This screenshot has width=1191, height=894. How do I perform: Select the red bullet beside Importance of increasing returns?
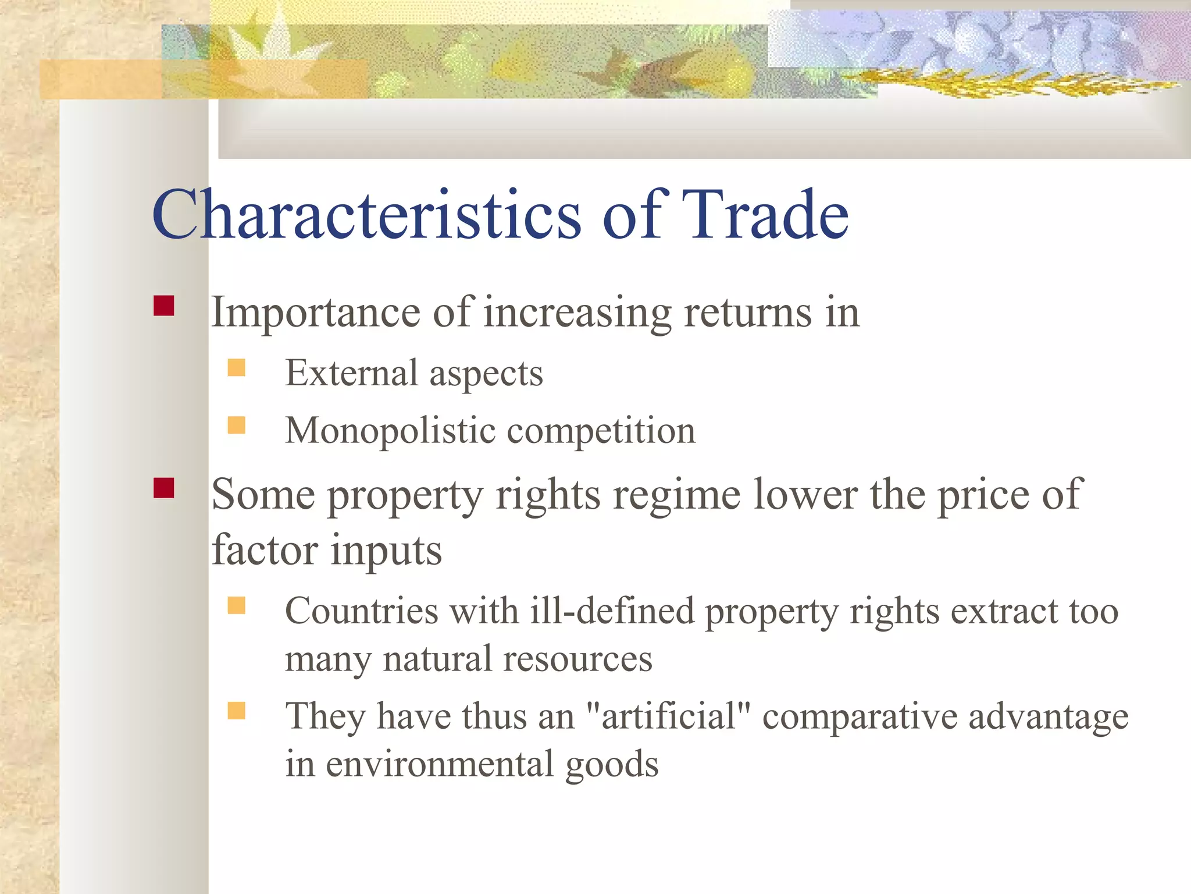click(164, 306)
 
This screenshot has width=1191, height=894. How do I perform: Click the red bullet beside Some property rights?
click(164, 488)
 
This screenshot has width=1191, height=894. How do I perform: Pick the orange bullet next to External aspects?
click(236, 368)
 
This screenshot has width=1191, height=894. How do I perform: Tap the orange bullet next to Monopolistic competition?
click(236, 425)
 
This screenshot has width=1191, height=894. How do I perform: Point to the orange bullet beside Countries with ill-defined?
click(236, 606)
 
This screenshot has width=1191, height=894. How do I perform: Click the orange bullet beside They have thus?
click(236, 711)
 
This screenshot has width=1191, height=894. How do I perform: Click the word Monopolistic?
click(390, 431)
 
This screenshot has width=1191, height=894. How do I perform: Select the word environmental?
click(439, 764)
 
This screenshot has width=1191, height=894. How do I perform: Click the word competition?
click(601, 431)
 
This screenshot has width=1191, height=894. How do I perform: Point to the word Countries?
click(361, 611)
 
